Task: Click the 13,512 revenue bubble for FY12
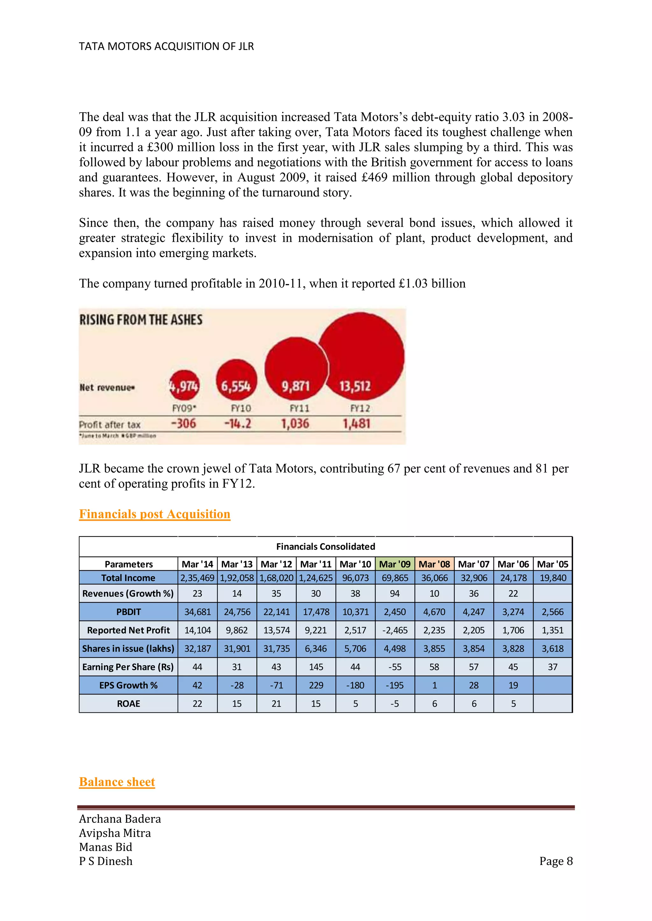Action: coord(360,357)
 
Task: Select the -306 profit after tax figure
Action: coord(183,424)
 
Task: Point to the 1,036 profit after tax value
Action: coord(295,424)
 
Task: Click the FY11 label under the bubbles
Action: coord(300,408)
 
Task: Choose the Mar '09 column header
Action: coord(395,564)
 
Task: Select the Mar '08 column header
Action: coord(434,564)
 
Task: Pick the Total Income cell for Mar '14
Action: coord(197,578)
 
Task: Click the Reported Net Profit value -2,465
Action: coord(395,630)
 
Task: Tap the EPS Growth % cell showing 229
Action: coord(316,685)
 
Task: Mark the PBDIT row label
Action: coord(129,612)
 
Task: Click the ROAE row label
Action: coord(129,703)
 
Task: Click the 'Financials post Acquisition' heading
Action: coord(155,514)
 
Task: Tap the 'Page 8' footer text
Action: coord(556,861)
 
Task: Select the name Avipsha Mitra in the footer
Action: coord(115,833)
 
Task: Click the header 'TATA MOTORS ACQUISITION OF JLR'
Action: coord(166,46)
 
